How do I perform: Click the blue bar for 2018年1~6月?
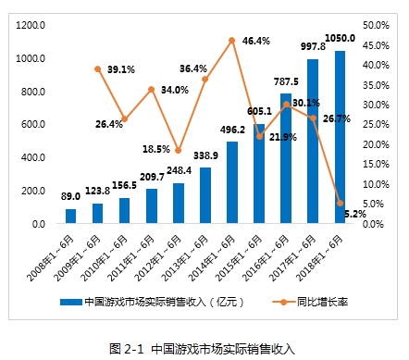click(x=340, y=137)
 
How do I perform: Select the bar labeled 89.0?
click(x=70, y=216)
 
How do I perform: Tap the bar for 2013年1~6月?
click(x=205, y=195)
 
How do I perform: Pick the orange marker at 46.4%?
click(x=232, y=41)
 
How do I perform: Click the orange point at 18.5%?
click(x=179, y=151)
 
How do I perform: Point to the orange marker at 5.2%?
click(x=340, y=203)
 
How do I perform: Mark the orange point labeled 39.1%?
click(x=98, y=69)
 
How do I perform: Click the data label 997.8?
click(x=313, y=46)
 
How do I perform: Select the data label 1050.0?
click(x=341, y=38)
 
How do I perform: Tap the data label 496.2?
click(x=232, y=130)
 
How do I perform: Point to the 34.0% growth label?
click(x=175, y=90)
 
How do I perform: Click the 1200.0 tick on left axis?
click(x=31, y=25)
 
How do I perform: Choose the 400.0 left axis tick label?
click(x=33, y=157)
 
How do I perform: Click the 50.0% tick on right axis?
click(x=376, y=25)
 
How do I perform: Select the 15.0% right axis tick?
click(x=376, y=164)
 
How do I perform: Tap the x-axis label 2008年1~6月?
click(x=50, y=258)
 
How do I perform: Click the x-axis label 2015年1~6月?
click(x=239, y=258)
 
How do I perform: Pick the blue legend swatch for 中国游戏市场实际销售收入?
click(x=71, y=302)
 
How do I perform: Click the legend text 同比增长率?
click(x=322, y=302)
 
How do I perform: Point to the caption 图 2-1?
click(x=127, y=349)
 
